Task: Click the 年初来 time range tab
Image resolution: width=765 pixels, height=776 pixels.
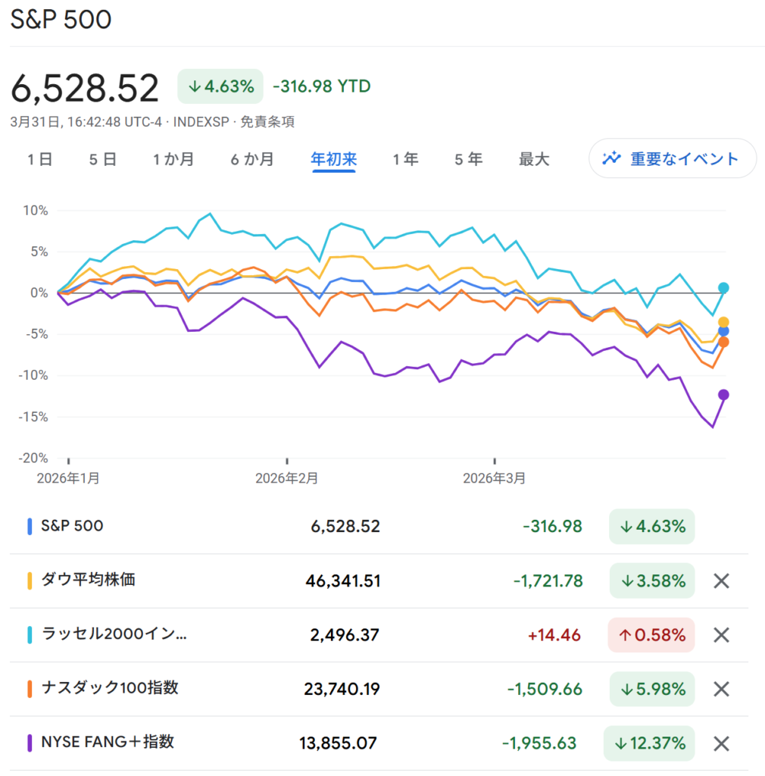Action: pyautogui.click(x=333, y=159)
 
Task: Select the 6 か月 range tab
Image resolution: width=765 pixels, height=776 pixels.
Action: pyautogui.click(x=252, y=159)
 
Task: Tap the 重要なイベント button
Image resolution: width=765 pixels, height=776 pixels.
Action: pyautogui.click(x=672, y=158)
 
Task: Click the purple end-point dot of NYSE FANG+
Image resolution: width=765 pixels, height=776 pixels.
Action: pyautogui.click(x=723, y=394)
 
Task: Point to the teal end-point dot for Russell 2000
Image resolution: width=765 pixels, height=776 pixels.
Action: pyautogui.click(x=723, y=288)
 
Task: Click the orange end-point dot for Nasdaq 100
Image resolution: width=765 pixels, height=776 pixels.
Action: pyautogui.click(x=723, y=343)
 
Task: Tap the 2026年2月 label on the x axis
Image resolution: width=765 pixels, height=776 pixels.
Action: pyautogui.click(x=286, y=478)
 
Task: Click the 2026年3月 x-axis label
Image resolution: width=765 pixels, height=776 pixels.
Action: pyautogui.click(x=493, y=478)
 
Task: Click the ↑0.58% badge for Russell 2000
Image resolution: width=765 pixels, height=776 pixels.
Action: pyautogui.click(x=651, y=635)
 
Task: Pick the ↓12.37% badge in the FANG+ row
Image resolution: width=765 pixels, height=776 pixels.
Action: pyautogui.click(x=648, y=743)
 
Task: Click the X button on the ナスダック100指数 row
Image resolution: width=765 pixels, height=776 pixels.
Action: pyautogui.click(x=722, y=689)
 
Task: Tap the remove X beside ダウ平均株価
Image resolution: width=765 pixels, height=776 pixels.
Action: pyautogui.click(x=722, y=581)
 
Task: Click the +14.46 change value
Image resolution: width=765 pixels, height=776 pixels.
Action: pyautogui.click(x=559, y=635)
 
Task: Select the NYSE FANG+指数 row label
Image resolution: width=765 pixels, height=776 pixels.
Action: pyautogui.click(x=107, y=741)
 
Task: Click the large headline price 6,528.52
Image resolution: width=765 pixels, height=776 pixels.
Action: pyautogui.click(x=85, y=88)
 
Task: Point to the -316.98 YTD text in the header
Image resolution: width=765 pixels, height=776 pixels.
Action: pyautogui.click(x=321, y=86)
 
